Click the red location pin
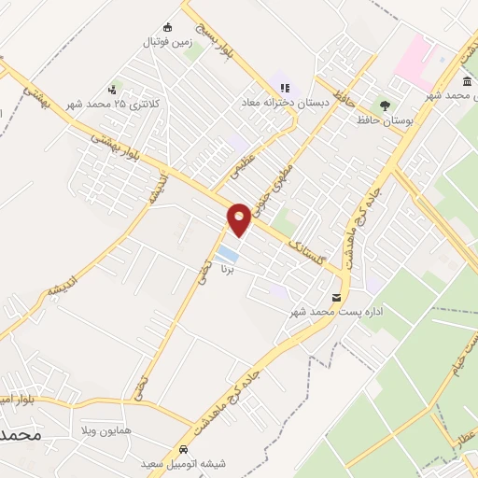coord(240,218)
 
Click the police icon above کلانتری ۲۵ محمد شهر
coord(113,90)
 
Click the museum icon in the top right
coord(466,83)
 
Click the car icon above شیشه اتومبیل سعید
coord(183,449)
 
